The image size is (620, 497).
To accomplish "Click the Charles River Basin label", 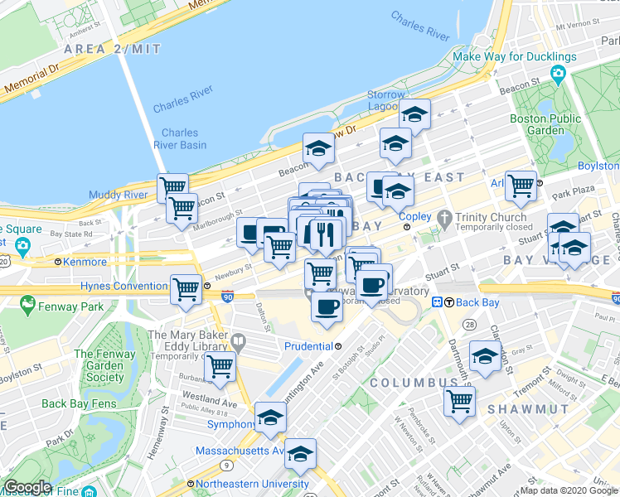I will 180,138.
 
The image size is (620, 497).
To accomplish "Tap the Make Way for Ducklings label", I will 514,57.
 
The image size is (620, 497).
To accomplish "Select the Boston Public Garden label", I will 545,124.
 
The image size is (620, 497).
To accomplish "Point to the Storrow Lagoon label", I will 386,100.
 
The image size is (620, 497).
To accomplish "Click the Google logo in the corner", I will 27,487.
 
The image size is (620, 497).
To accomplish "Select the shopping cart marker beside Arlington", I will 521,185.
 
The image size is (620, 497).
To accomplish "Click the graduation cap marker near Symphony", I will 270,417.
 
